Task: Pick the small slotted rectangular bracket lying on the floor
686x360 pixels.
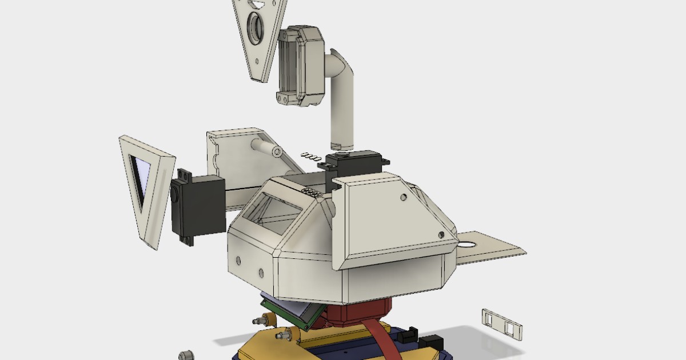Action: [502, 323]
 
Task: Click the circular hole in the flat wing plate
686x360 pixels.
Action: [466, 245]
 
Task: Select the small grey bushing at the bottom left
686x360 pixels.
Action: [185, 355]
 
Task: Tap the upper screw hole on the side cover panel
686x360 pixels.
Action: [404, 197]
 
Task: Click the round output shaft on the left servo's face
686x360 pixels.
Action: [174, 194]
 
